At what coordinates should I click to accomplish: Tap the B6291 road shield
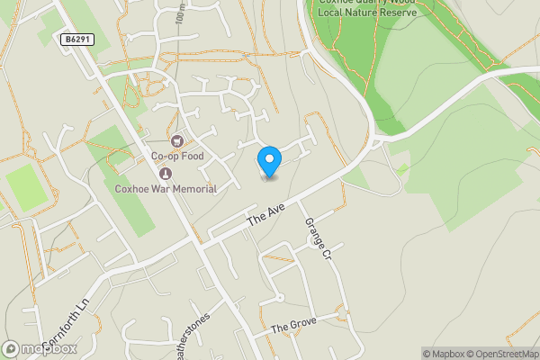point(77,40)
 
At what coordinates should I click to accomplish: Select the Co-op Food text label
point(177,157)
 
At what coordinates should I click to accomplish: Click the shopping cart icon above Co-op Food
point(177,141)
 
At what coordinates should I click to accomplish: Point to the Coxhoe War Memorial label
point(166,188)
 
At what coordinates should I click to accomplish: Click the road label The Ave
point(265,214)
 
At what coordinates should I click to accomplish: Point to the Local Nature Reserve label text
point(366,13)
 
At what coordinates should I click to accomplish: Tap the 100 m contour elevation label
point(181,16)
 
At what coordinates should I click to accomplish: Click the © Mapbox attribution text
point(442,354)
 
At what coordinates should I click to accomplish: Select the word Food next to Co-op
point(191,157)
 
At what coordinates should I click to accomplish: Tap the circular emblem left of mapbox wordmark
point(11,348)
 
